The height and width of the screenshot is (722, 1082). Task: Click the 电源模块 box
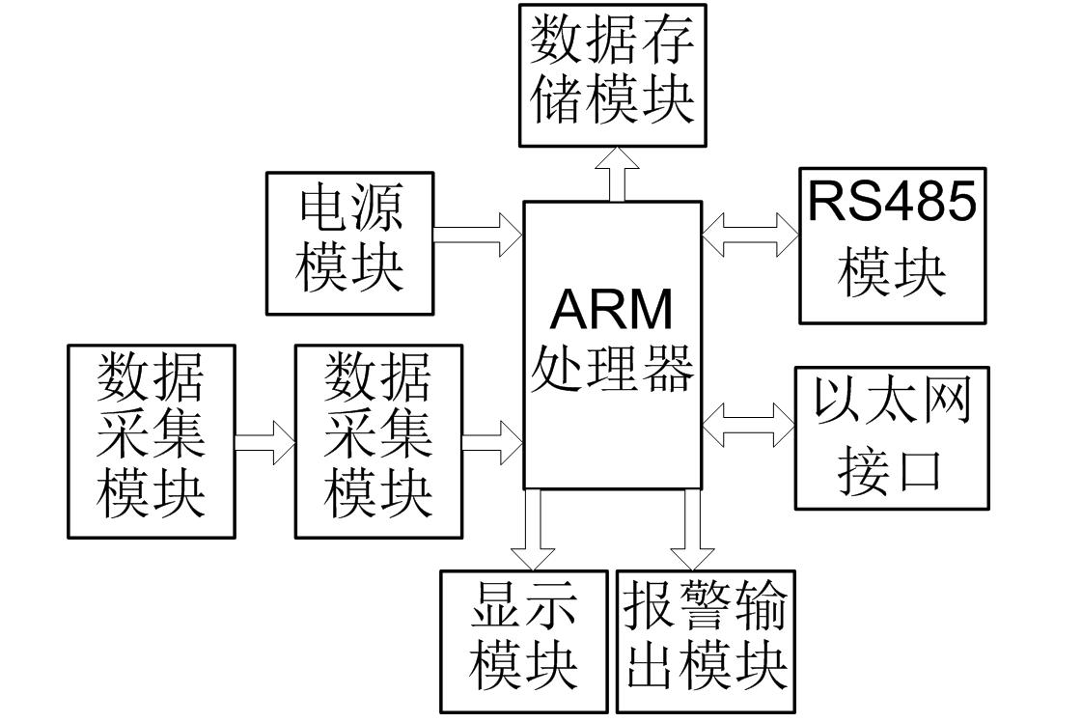[349, 243]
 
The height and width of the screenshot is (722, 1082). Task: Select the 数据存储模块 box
[613, 75]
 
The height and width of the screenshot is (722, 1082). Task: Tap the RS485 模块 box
[893, 245]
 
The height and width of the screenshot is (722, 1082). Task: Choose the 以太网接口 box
[892, 437]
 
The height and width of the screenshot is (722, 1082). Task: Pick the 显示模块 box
[524, 641]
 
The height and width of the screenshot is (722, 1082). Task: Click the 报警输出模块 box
[706, 641]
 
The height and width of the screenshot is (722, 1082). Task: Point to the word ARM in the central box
[612, 310]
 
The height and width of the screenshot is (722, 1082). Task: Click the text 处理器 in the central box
[612, 370]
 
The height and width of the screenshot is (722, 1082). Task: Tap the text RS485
[892, 202]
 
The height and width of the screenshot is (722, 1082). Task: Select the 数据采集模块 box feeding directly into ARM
[378, 441]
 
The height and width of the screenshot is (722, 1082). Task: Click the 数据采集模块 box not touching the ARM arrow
[152, 441]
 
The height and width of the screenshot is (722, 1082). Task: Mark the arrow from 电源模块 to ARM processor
[478, 235]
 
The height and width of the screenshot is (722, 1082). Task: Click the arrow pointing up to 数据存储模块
[617, 174]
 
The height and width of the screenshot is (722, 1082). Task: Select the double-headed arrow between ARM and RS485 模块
[750, 235]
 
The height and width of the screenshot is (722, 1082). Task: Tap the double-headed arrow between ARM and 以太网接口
[748, 424]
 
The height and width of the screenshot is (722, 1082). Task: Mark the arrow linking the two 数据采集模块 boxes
[264, 442]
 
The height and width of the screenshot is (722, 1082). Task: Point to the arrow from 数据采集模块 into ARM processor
[492, 442]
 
